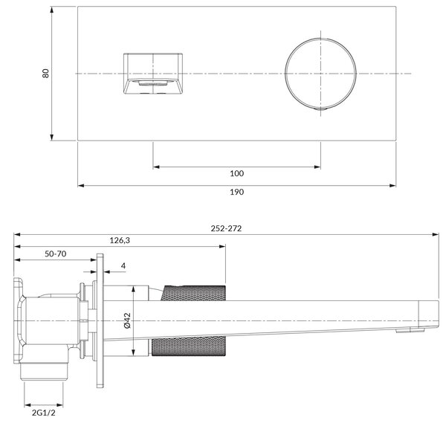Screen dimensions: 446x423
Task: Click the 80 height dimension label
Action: click(x=45, y=73)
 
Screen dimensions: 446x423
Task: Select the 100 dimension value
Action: click(x=236, y=173)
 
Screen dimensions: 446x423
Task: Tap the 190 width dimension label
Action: click(x=236, y=192)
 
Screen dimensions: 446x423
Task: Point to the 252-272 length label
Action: click(x=226, y=228)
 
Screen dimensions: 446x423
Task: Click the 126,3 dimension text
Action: click(x=120, y=241)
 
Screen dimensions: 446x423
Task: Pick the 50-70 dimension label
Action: click(x=56, y=254)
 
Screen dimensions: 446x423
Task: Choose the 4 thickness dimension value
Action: click(x=123, y=265)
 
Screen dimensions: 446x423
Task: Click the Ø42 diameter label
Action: click(x=127, y=320)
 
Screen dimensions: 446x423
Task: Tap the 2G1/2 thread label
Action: click(x=44, y=413)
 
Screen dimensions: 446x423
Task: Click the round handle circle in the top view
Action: click(x=285, y=74)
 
